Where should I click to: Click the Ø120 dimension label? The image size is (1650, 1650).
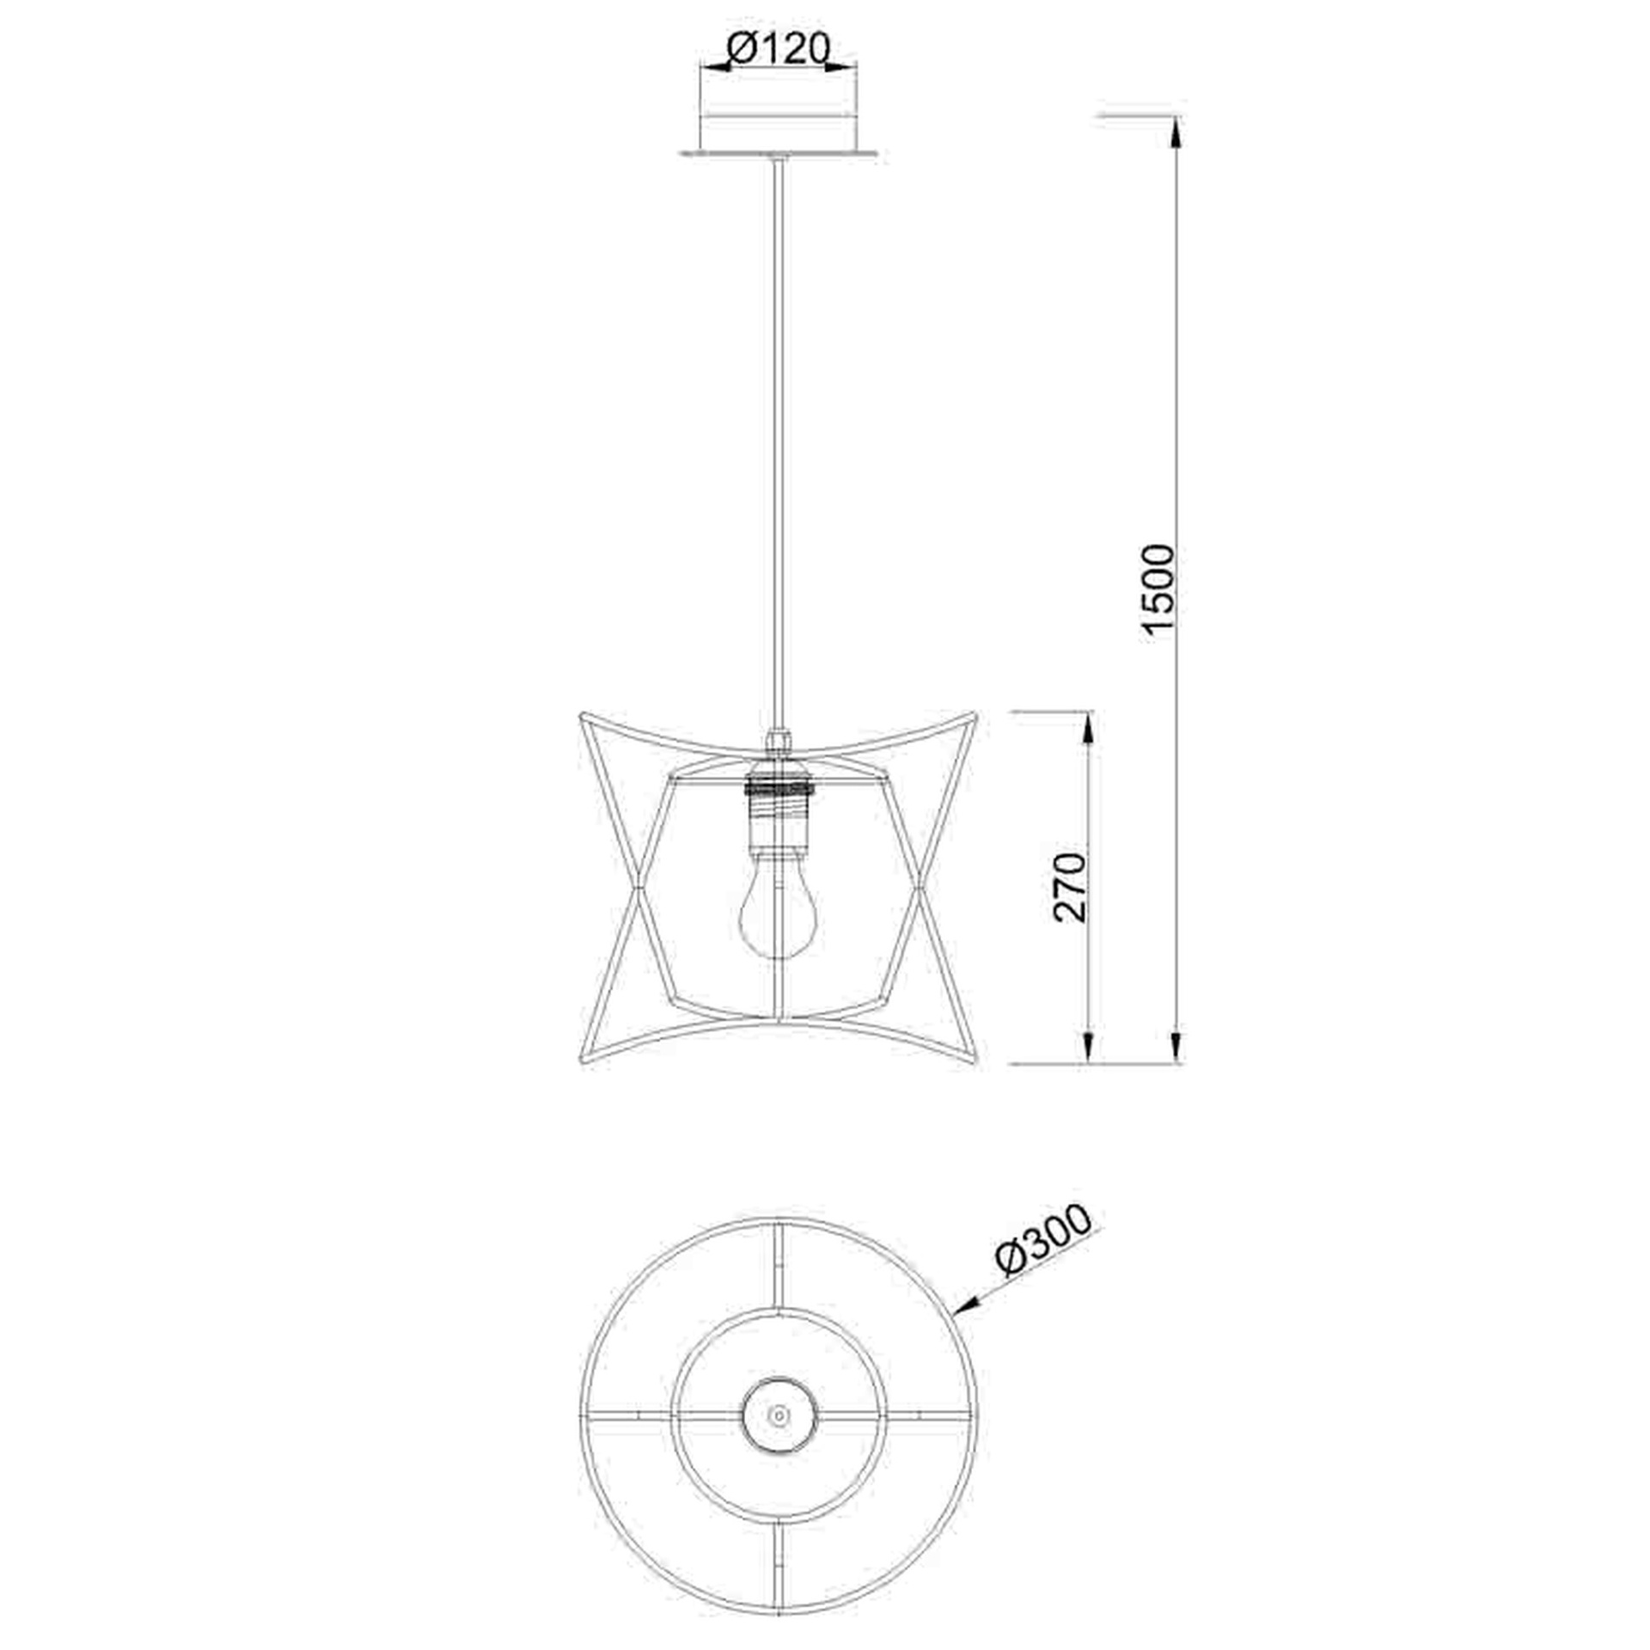coord(778,49)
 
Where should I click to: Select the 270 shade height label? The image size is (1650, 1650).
coord(1070,888)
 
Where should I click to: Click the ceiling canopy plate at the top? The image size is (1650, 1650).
coord(779,153)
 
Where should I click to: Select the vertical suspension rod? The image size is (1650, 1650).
coord(779,430)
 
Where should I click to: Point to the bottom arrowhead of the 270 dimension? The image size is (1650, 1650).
coord(1089,1049)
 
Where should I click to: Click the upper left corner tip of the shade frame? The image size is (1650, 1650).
coord(583,713)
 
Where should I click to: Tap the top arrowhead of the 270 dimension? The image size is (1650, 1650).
coord(1089,726)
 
